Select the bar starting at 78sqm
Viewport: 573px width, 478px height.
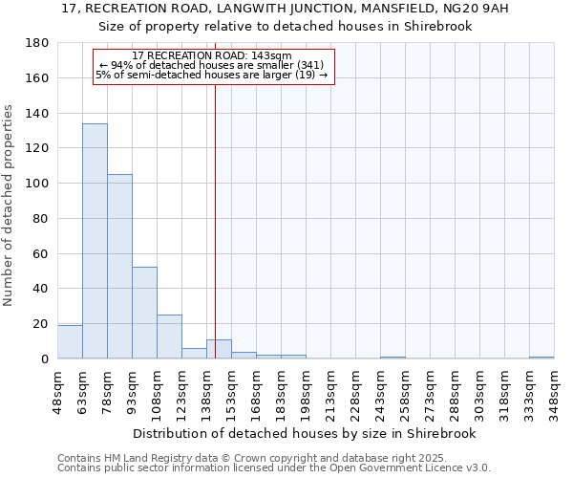[119, 267]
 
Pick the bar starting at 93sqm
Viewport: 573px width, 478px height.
[144, 313]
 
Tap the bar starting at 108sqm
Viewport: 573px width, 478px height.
[169, 337]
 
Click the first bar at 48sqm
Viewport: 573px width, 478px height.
[70, 342]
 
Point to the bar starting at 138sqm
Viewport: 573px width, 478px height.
[219, 349]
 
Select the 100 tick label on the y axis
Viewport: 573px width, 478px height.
[37, 184]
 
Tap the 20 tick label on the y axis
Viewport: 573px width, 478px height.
[41, 324]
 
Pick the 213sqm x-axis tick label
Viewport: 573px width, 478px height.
[330, 393]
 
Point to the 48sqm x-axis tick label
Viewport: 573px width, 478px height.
[57, 393]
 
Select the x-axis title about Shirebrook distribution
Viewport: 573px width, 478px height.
[305, 433]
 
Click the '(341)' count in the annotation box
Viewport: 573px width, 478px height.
[309, 65]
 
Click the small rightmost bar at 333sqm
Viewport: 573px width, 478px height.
[541, 358]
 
